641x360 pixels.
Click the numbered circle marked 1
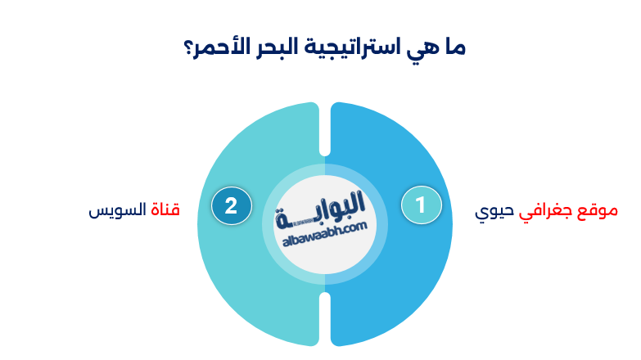click(x=421, y=205)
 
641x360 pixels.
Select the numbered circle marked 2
click(x=231, y=205)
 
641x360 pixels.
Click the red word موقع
click(x=598, y=210)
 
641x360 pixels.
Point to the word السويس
click(x=115, y=210)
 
